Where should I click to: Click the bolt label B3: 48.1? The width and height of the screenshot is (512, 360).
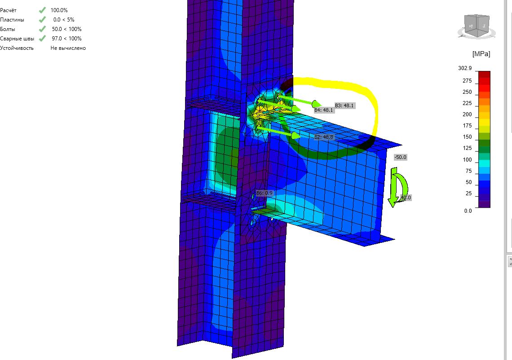344,105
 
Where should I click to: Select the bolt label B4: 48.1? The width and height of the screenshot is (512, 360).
323,110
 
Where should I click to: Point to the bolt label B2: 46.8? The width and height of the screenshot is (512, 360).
324,137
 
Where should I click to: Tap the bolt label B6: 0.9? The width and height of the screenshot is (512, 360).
264,193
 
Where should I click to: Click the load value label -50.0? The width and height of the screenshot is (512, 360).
400,157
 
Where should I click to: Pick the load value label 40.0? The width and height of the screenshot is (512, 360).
406,198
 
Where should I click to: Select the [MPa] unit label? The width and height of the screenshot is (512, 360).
481,54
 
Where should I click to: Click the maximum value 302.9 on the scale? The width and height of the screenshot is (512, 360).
465,68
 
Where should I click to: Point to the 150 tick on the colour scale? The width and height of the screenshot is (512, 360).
467,137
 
